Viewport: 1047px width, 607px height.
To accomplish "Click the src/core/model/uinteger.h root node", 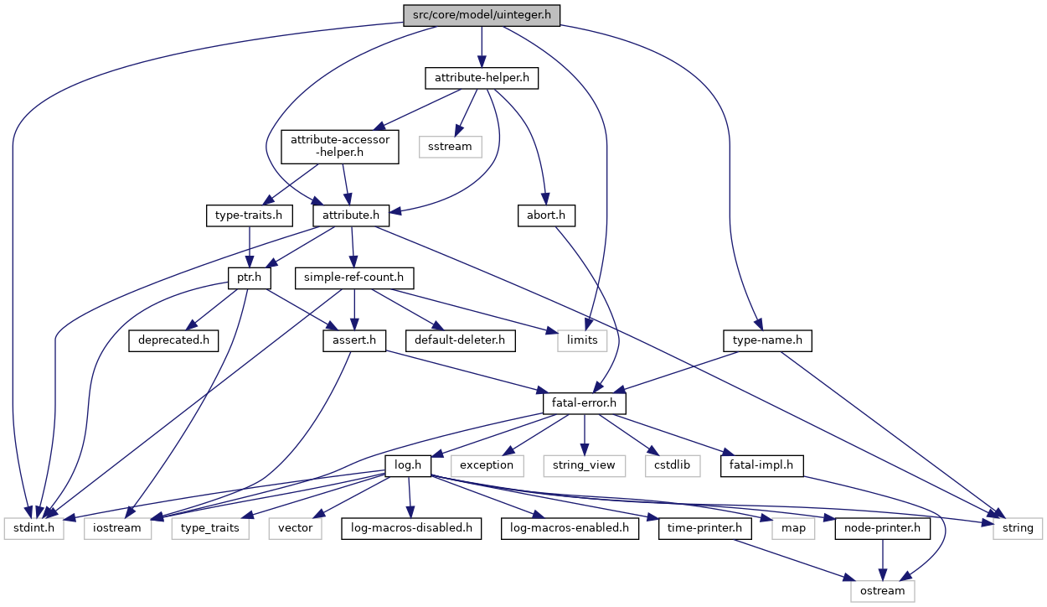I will tap(481, 15).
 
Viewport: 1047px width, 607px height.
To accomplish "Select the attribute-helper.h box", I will tap(481, 79).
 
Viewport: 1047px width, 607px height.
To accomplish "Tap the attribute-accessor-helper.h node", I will tap(340, 146).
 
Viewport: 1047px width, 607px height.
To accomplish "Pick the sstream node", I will tap(451, 146).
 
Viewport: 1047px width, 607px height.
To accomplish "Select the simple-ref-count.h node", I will tap(353, 277).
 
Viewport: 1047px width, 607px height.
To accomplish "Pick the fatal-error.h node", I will tap(584, 403).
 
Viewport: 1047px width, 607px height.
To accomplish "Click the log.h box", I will tap(407, 464).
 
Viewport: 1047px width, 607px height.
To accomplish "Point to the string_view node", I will tap(585, 464).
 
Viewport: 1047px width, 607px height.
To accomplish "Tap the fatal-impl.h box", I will tap(761, 464).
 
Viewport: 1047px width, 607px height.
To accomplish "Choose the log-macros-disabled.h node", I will tap(410, 528).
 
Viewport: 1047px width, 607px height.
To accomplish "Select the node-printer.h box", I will tap(882, 528).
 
